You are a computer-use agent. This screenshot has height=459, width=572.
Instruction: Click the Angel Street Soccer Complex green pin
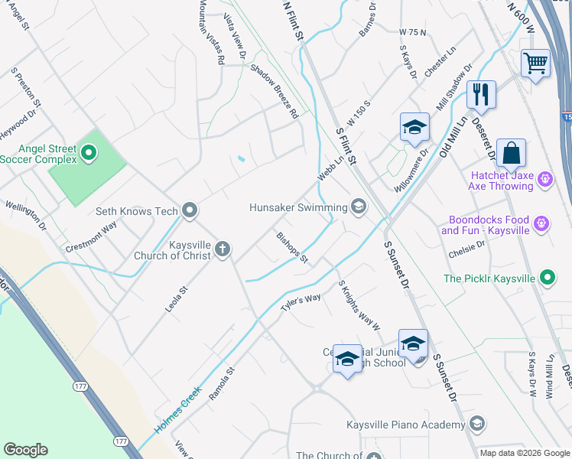click(89, 153)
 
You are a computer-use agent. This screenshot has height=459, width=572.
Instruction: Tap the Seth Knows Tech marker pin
click(190, 211)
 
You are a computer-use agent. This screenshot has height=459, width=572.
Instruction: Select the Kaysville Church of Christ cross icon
click(223, 249)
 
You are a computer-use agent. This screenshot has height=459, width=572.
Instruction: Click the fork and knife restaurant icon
click(481, 94)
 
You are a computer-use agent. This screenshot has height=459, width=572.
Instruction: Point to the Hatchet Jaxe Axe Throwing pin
click(545, 180)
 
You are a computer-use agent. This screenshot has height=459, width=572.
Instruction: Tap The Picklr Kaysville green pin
click(548, 278)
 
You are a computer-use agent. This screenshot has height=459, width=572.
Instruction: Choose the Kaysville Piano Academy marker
click(476, 425)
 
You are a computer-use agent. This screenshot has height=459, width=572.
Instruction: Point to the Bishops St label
click(292, 248)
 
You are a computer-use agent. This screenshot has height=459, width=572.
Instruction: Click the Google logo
click(25, 450)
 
